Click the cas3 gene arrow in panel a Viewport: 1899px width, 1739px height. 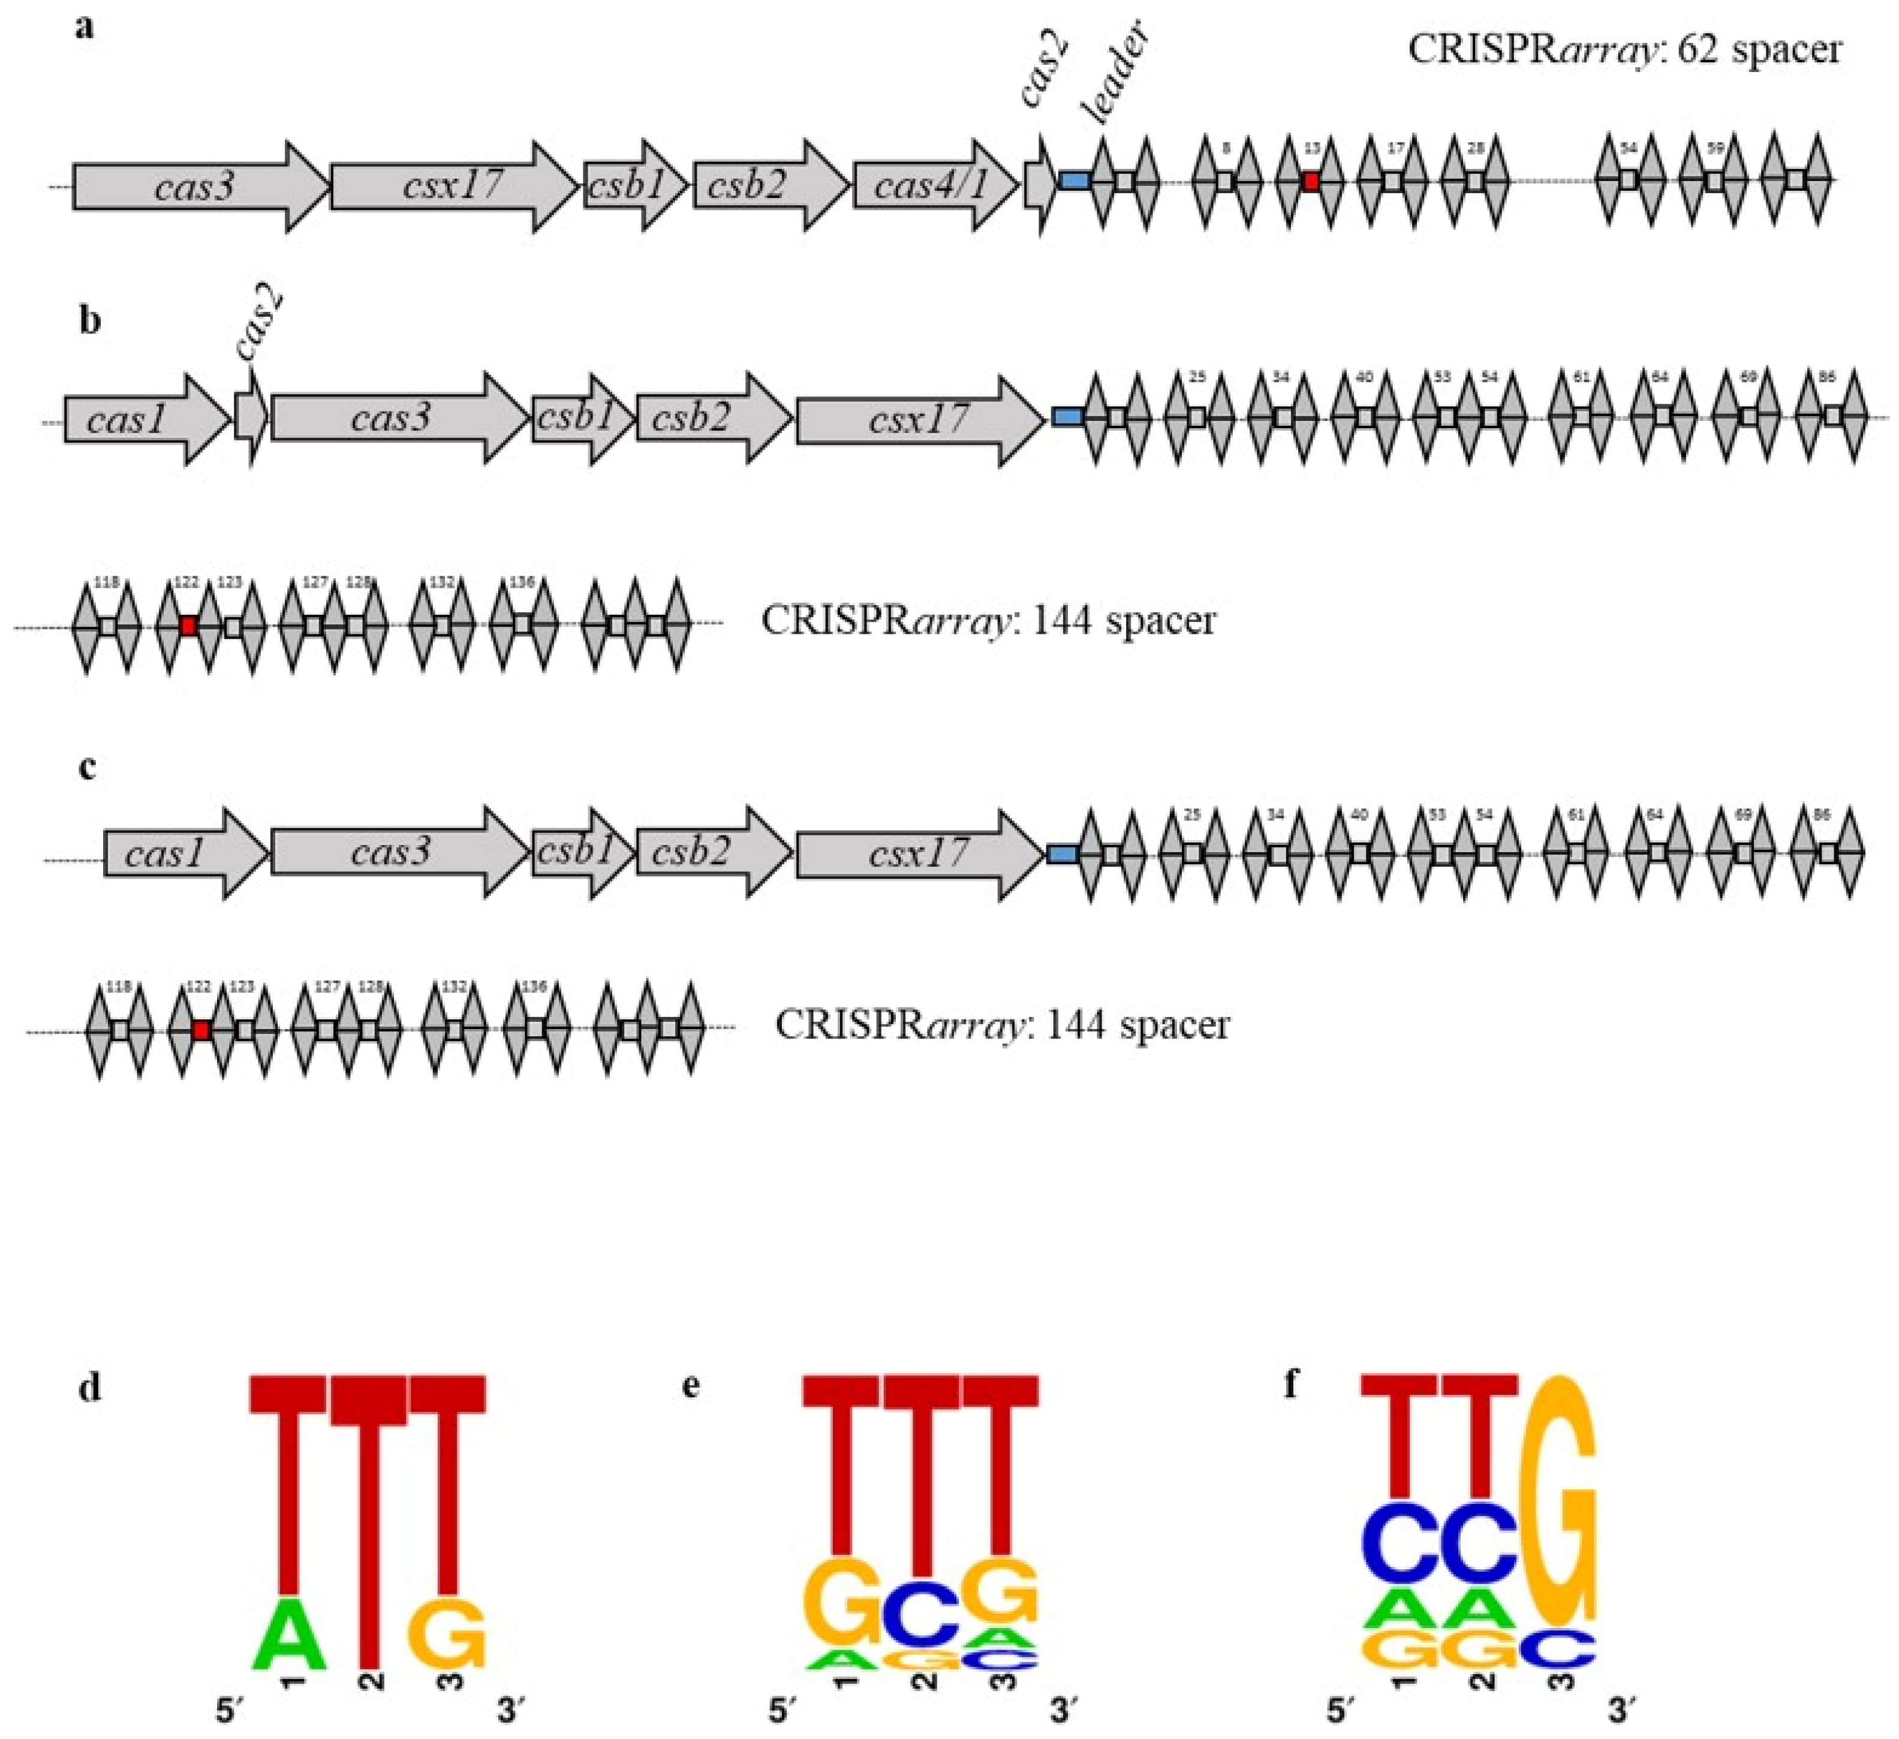click(x=198, y=186)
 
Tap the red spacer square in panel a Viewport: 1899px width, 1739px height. click(x=1310, y=181)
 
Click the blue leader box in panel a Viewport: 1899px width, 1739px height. click(x=1075, y=180)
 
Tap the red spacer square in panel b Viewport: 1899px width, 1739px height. click(x=188, y=625)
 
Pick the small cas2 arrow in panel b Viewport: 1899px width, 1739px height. click(x=249, y=419)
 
